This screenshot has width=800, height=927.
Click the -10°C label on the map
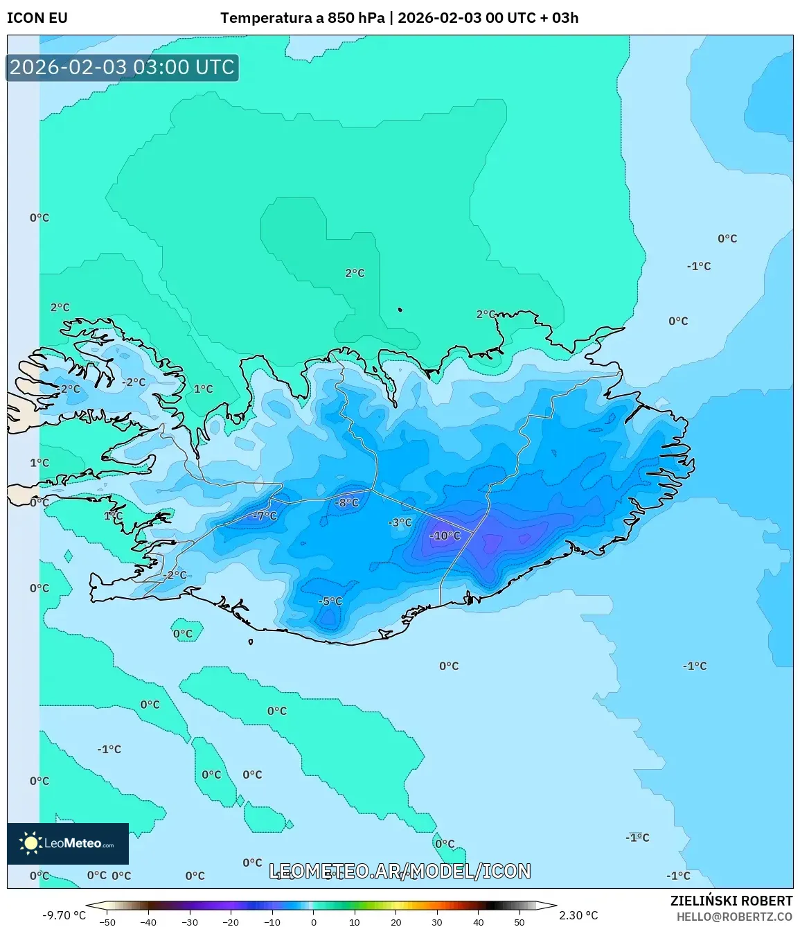tap(445, 536)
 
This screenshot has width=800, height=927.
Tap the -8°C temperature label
tap(347, 502)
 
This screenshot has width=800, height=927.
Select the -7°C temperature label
tap(265, 515)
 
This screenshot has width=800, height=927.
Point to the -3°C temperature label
tap(400, 522)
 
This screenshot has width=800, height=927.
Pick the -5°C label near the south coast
tap(330, 601)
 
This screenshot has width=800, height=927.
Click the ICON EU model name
tap(37, 18)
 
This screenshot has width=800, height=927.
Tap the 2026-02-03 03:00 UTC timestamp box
tap(122, 67)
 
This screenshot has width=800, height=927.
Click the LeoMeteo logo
tap(68, 843)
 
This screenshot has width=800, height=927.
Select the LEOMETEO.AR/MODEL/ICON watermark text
tap(400, 871)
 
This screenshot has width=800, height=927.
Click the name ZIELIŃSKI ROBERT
tap(731, 901)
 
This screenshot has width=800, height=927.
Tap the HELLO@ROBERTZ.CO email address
tap(734, 917)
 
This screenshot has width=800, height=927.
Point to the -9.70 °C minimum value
tap(64, 915)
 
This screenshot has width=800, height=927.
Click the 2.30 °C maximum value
tap(578, 915)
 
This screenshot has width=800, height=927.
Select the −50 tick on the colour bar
tap(107, 921)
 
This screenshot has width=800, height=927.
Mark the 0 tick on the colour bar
tap(314, 921)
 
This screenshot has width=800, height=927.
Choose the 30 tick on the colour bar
tap(437, 921)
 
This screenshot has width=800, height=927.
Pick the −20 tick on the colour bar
tap(231, 921)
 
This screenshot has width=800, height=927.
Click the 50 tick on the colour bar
tap(519, 921)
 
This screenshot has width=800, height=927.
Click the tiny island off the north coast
tap(400, 310)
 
